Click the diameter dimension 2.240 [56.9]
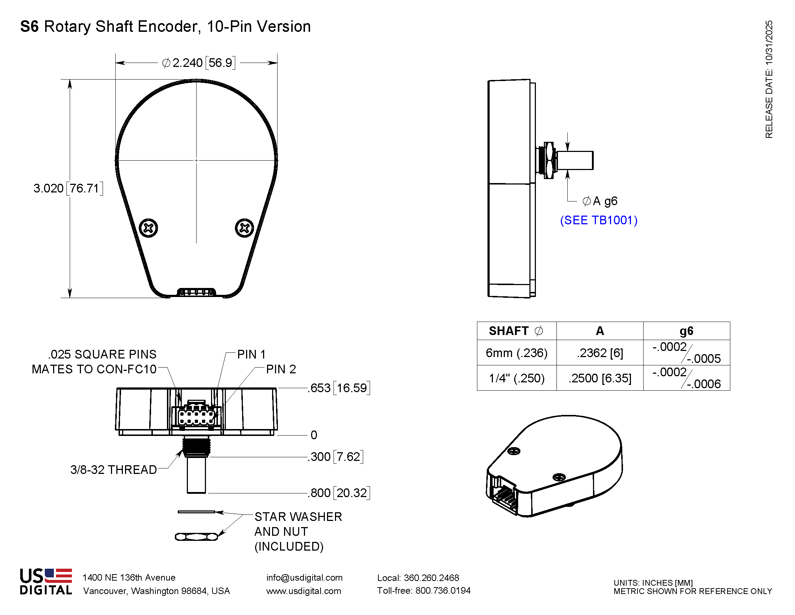point(198,63)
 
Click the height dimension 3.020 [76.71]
point(68,188)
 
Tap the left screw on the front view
point(149,228)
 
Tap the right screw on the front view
point(244,228)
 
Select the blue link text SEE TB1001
point(598,220)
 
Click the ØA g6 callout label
point(600,201)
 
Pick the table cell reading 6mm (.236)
point(516,353)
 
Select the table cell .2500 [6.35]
point(600,378)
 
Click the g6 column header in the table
point(686,331)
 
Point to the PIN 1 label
point(251,354)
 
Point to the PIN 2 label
point(281,369)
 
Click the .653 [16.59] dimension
point(339,388)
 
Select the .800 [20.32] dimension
point(339,493)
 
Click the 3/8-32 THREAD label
point(113,470)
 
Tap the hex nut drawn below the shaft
point(196,536)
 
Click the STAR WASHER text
point(298,517)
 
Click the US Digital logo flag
point(58,575)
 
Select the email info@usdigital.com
point(304,577)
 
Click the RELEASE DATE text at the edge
point(769,79)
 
